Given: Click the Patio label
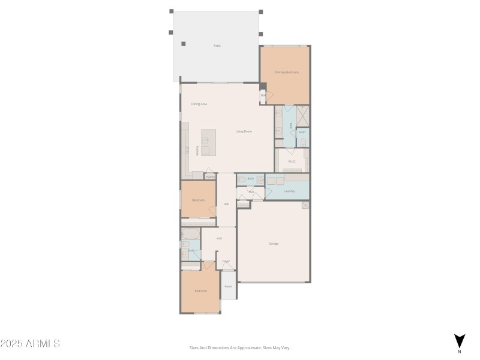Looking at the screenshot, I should click(x=217, y=46).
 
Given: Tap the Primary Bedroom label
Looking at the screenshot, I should click(x=287, y=72).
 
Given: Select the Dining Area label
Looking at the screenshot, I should click(x=199, y=104).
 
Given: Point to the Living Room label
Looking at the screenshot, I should click(x=243, y=131).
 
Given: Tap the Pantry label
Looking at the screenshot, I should click(x=211, y=176).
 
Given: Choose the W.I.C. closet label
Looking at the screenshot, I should click(x=292, y=161).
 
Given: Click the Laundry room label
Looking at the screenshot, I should click(x=289, y=191).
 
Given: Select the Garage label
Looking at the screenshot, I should click(x=274, y=244).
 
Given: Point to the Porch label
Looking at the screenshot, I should click(x=228, y=287).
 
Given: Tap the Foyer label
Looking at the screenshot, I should click(x=226, y=261).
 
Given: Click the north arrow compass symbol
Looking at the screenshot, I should click(x=459, y=341).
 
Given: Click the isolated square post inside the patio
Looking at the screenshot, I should click(x=184, y=43).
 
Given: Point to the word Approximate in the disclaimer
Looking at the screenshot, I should click(x=248, y=347).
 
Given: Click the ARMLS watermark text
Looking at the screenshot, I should click(x=30, y=344).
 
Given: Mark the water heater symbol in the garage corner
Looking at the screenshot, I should click(x=305, y=205).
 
